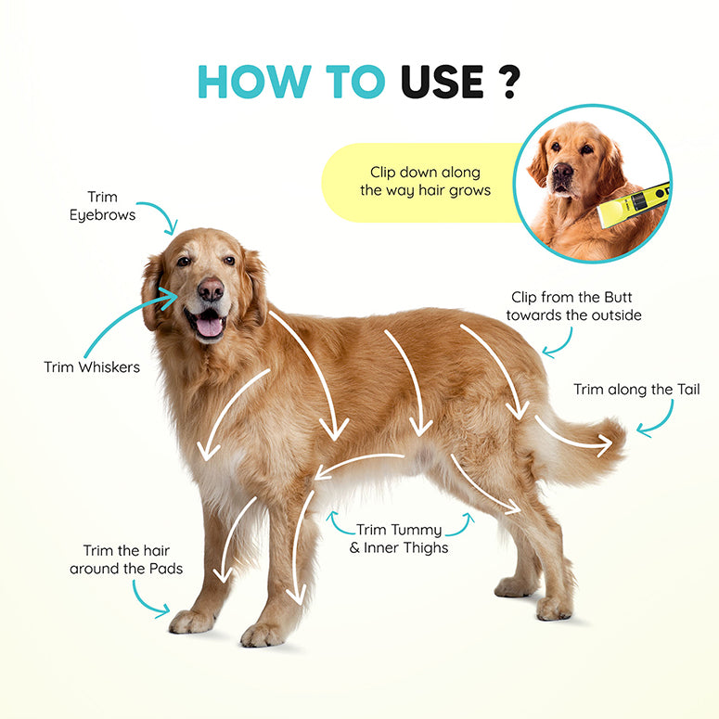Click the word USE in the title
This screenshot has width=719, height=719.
coord(442,82)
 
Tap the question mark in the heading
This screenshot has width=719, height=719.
coord(508,82)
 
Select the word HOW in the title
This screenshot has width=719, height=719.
coord(254,82)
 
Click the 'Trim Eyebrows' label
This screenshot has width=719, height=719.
coord(102,206)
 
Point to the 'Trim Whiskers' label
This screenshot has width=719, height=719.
coord(92,366)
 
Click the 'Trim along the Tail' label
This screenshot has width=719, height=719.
coord(636,390)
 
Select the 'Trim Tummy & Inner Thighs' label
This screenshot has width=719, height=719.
coord(399,539)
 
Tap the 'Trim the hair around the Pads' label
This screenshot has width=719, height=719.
coord(126,559)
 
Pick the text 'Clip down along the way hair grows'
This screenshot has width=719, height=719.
coord(425,181)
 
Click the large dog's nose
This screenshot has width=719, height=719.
coord(211,289)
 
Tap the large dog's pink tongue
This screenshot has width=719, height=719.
coord(209,326)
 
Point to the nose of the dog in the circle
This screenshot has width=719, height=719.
coord(562,172)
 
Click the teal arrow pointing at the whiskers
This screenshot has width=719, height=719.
coord(129,320)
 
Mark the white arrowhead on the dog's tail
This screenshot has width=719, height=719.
coord(604,445)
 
